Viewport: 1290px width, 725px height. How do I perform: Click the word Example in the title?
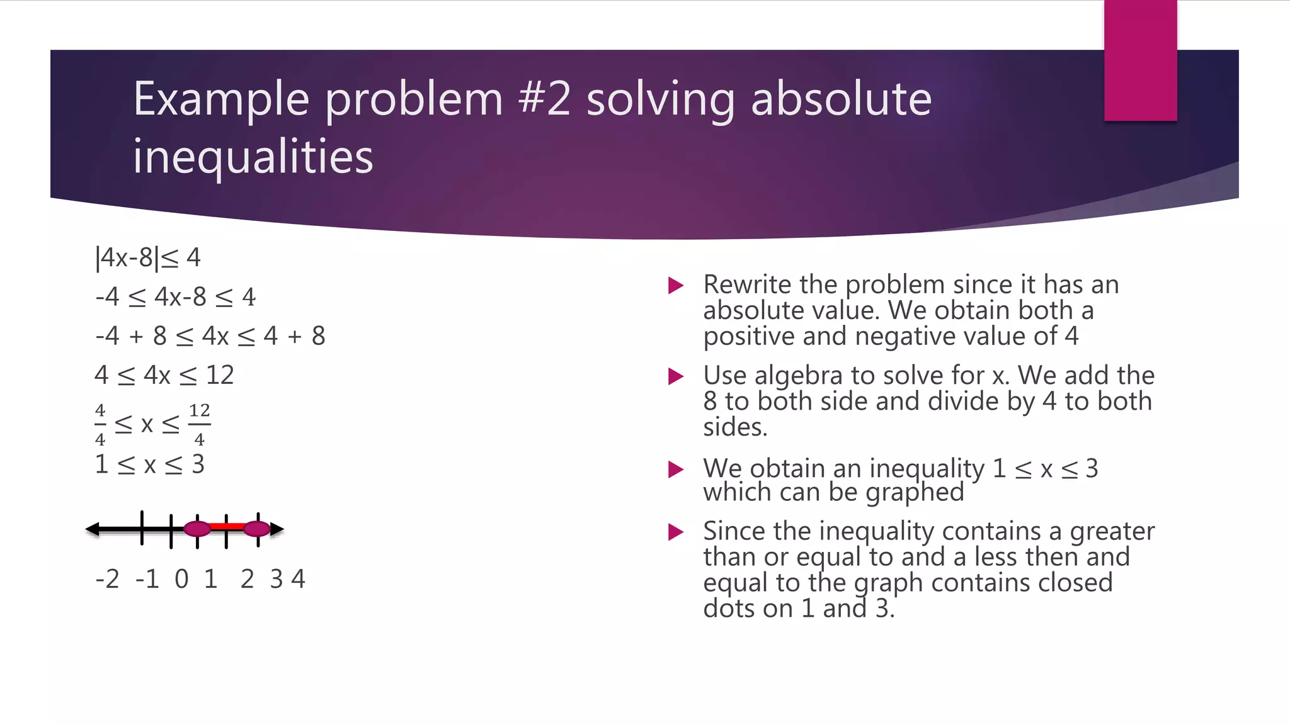pyautogui.click(x=221, y=100)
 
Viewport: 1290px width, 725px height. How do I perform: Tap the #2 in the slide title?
pyautogui.click(x=545, y=99)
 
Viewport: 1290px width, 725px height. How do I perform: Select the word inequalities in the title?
pyautogui.click(x=253, y=157)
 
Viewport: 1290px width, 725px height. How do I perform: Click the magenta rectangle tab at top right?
pyautogui.click(x=1140, y=60)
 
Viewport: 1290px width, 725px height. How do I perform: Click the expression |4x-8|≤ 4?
pyautogui.click(x=148, y=258)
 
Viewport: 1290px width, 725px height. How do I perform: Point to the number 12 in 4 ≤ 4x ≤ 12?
pyautogui.click(x=220, y=376)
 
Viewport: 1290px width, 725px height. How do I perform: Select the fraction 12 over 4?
pyautogui.click(x=199, y=425)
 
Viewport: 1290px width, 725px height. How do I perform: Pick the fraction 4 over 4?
pyautogui.click(x=100, y=425)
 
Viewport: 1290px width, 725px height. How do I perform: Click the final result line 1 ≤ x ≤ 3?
pyautogui.click(x=150, y=465)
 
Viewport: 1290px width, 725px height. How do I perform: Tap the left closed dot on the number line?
pyautogui.click(x=197, y=529)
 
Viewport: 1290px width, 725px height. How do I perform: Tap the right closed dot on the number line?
pyautogui.click(x=256, y=529)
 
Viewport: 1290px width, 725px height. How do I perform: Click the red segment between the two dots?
pyautogui.click(x=227, y=527)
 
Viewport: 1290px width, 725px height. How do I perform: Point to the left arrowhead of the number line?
pyautogui.click(x=93, y=529)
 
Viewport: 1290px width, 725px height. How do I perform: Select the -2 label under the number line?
pyautogui.click(x=107, y=579)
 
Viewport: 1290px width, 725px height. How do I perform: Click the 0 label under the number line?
pyautogui.click(x=181, y=579)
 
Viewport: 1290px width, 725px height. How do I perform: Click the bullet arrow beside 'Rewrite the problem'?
pyautogui.click(x=676, y=286)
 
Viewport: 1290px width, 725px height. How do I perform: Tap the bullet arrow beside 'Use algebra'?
pyautogui.click(x=676, y=376)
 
